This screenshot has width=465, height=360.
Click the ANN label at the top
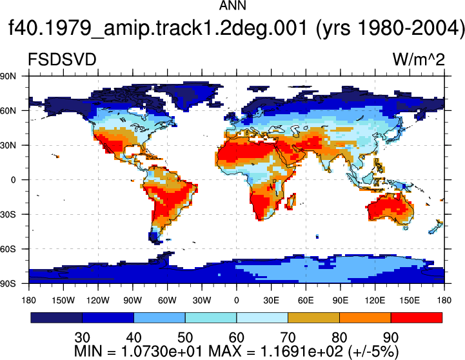[x=232, y=6]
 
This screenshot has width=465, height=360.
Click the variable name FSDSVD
[x=62, y=59]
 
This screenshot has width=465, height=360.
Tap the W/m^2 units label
[x=419, y=59]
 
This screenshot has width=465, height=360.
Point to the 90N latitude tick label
[x=8, y=76]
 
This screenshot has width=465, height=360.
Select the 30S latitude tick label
[x=8, y=214]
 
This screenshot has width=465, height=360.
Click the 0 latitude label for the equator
[x=13, y=180]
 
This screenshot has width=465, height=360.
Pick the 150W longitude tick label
[x=63, y=301]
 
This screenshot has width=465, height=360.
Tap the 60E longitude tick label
[x=306, y=301]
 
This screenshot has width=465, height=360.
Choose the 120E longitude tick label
[x=375, y=301]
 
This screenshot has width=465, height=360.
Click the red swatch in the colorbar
[x=417, y=317]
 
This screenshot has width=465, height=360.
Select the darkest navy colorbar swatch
[x=56, y=317]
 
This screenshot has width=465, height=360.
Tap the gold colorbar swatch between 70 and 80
[x=313, y=317]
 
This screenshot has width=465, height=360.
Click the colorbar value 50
[x=185, y=337]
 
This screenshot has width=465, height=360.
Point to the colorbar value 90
[x=391, y=337]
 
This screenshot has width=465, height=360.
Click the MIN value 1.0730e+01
[x=162, y=352]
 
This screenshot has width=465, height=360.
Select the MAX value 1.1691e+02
[x=301, y=352]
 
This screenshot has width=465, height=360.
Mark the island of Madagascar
[x=291, y=202]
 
